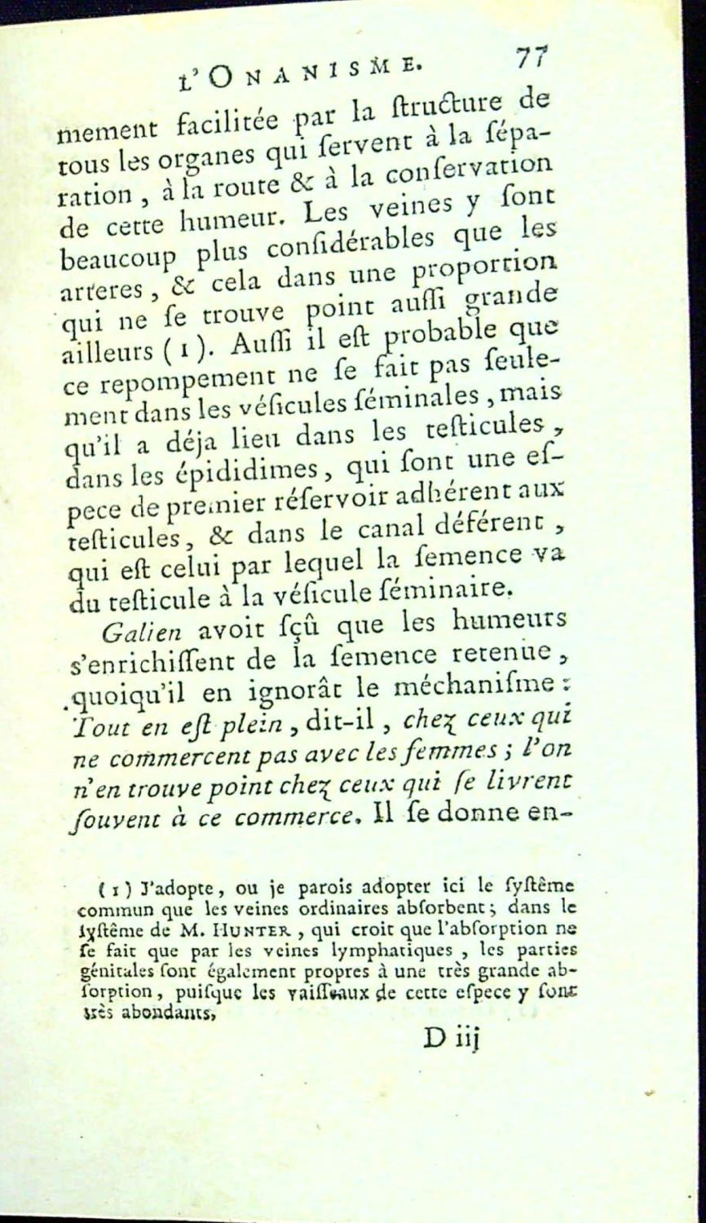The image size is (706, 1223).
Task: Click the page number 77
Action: point(531,60)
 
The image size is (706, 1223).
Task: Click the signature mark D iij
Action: point(454,1037)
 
